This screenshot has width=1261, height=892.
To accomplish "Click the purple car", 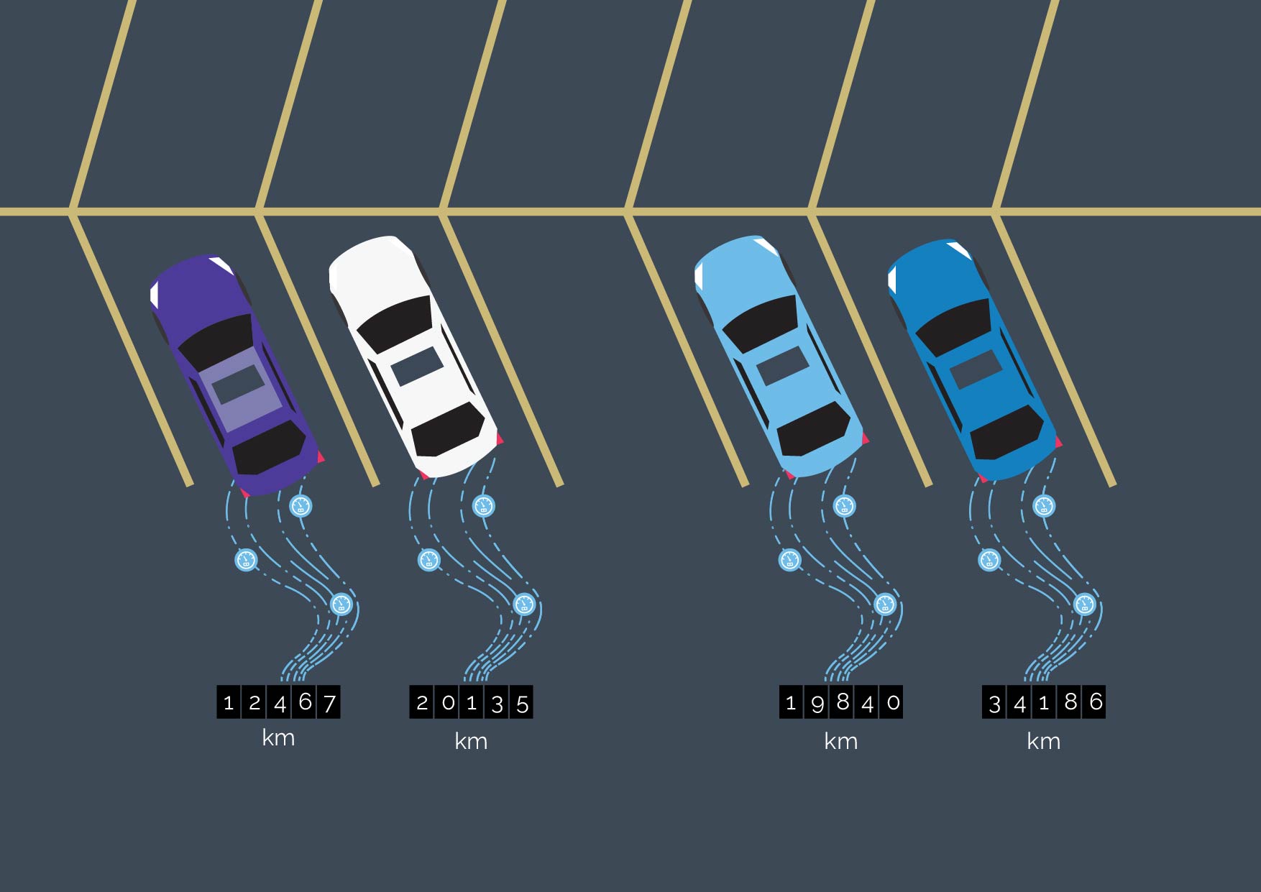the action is (x=237, y=374).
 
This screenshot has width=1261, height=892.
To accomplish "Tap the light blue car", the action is (x=781, y=356).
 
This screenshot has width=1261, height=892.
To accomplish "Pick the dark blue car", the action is (x=974, y=359).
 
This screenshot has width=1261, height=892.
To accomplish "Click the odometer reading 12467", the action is (x=279, y=702).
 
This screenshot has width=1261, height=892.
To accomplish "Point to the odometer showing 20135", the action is (x=472, y=702).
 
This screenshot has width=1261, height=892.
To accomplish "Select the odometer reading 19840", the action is (x=841, y=702).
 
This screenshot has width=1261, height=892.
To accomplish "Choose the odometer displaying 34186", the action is (x=1044, y=702).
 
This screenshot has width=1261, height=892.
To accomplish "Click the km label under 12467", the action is (x=278, y=738).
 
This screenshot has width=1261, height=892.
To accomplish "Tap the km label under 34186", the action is (x=1044, y=741).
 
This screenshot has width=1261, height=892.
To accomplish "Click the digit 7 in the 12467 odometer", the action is (x=329, y=702).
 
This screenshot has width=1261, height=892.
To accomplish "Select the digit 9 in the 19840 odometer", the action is (x=817, y=702).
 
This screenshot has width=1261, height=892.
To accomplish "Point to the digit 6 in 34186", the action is (x=1095, y=702).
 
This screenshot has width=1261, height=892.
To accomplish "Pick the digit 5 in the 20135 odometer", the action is (x=523, y=702).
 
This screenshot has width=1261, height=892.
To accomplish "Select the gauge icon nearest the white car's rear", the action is (x=484, y=506).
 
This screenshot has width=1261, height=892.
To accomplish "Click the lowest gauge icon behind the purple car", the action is (x=341, y=604).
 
